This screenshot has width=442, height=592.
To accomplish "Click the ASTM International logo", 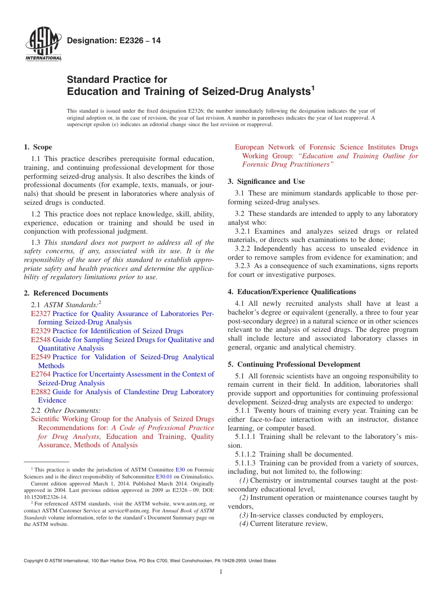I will [x=43, y=45].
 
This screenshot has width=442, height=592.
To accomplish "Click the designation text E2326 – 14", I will [x=114, y=41].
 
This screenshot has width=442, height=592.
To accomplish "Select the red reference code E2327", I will [x=40, y=314].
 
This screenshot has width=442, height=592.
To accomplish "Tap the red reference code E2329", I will [x=40, y=331].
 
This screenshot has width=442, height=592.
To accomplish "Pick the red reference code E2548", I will [x=40, y=340].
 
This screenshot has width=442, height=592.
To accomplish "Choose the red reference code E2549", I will [x=40, y=357].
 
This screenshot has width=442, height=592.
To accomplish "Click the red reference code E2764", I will [x=40, y=374].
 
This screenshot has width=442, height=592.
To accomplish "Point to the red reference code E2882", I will [x=40, y=392].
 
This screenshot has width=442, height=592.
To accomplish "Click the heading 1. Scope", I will [x=38, y=147].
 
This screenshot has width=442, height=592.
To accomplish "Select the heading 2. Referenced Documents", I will [x=66, y=293].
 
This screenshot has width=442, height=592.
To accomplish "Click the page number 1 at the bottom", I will [x=221, y=572].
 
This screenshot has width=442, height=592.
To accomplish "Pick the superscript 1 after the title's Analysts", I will [x=313, y=87].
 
